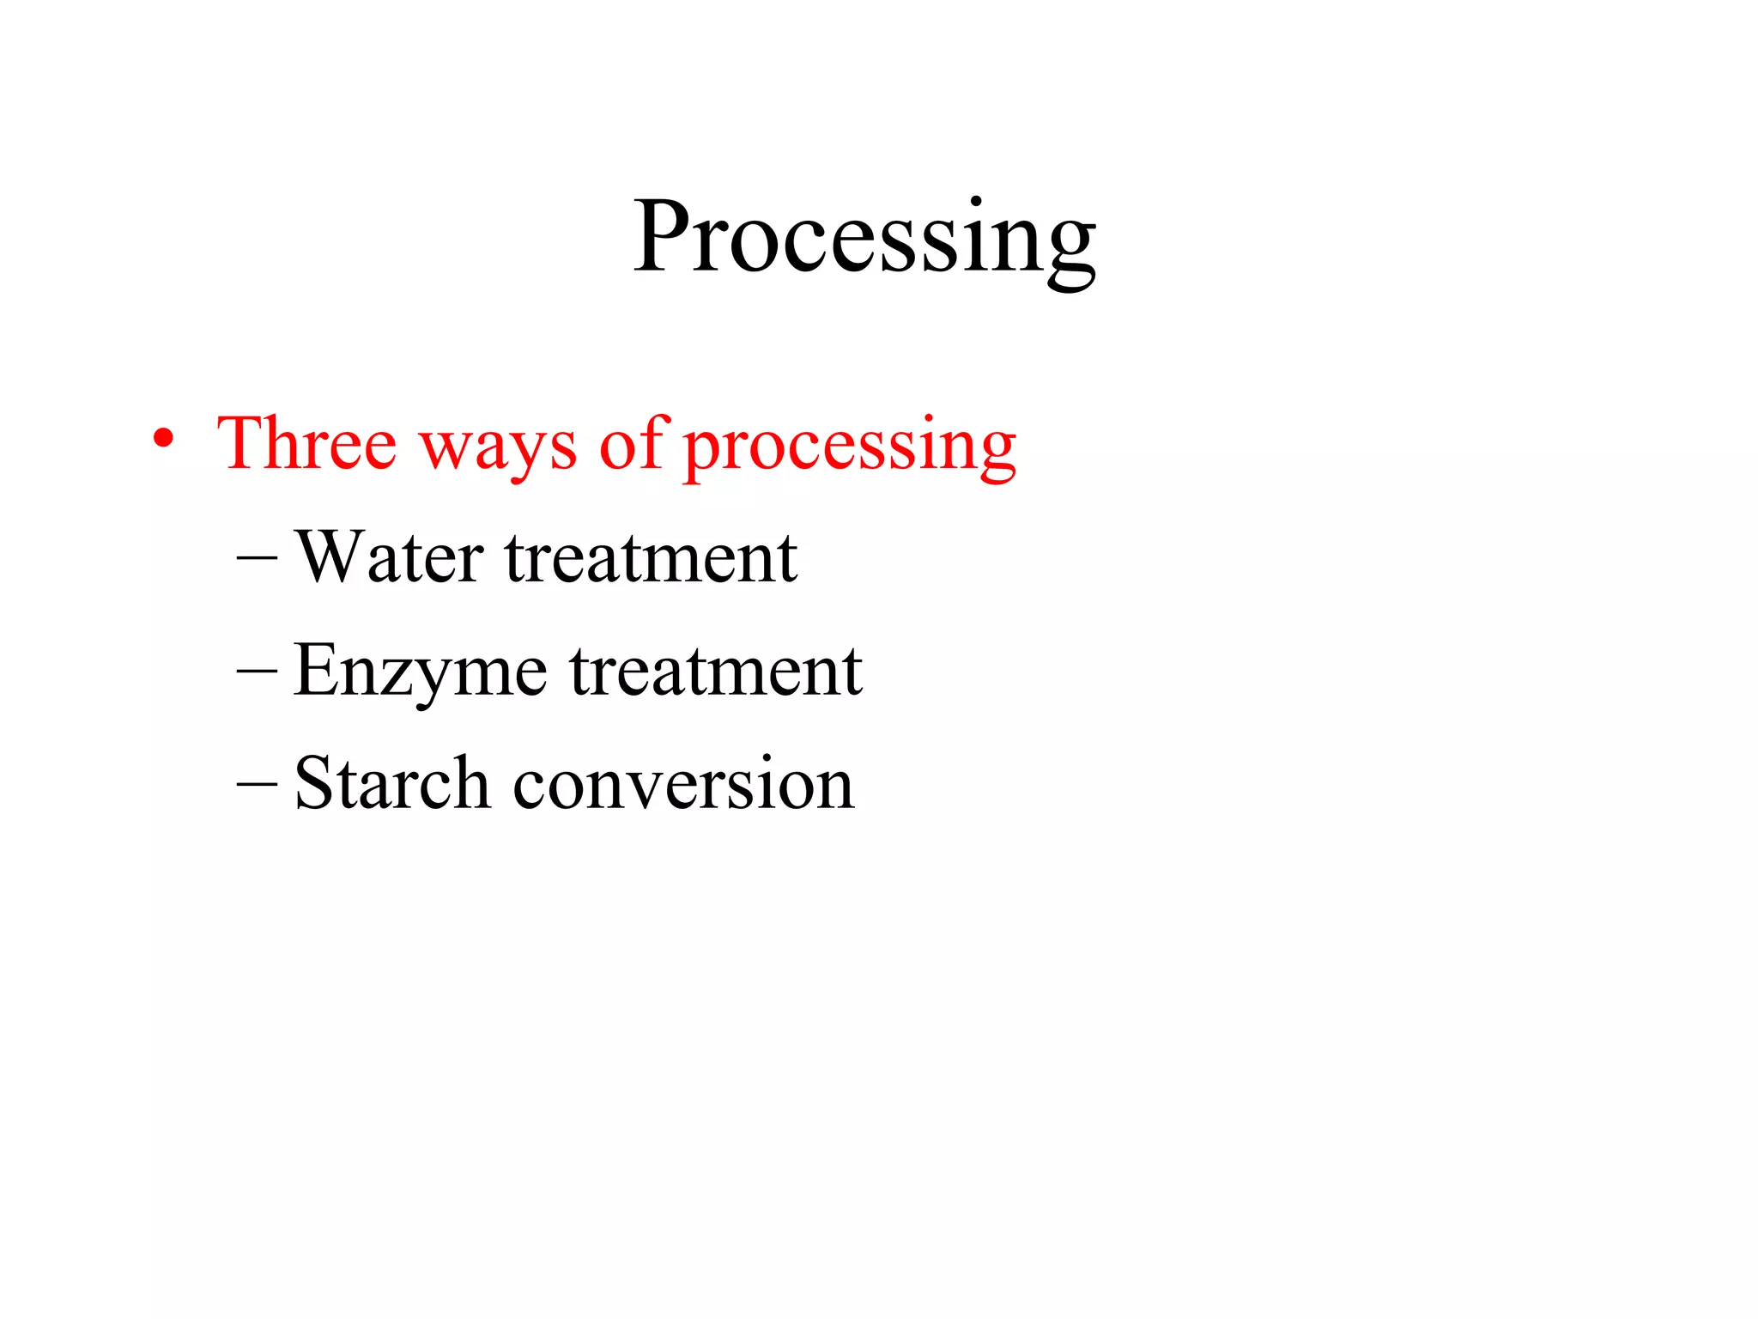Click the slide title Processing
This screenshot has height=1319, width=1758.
(864, 239)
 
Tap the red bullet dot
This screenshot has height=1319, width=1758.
(163, 440)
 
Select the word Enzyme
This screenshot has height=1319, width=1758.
(420, 673)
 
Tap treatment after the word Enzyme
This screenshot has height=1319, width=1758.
(716, 673)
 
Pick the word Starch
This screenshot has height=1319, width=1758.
(391, 783)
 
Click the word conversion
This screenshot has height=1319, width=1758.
(683, 785)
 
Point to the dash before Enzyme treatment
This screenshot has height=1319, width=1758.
(257, 672)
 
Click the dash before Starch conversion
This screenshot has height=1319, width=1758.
(257, 784)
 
